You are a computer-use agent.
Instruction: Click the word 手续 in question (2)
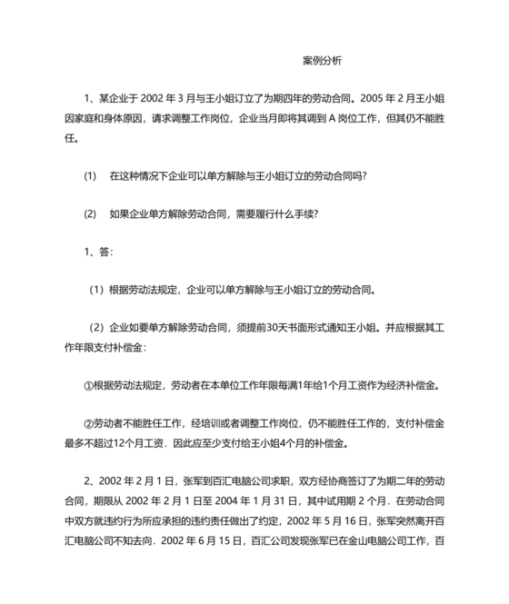[303, 214]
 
